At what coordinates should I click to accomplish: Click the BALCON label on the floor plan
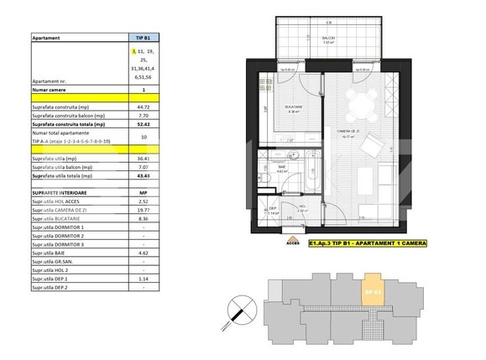[x=328, y=39]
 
